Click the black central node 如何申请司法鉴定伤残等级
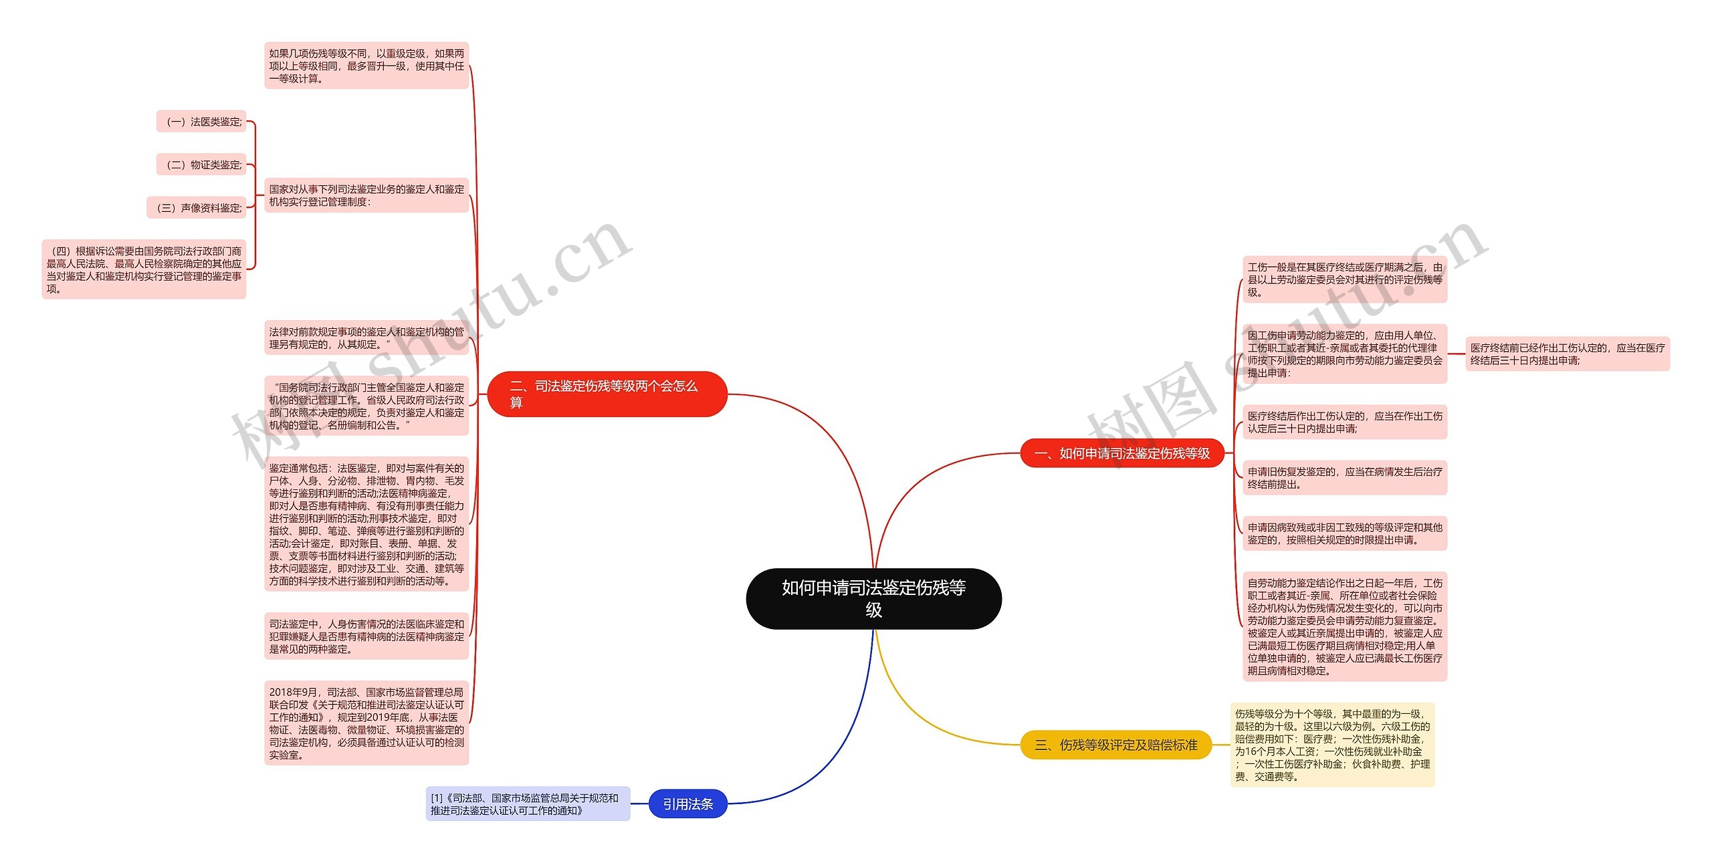coord(873,598)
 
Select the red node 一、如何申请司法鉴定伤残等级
coord(1121,453)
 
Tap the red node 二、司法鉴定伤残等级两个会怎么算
coord(607,394)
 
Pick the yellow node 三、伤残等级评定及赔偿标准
coord(1115,745)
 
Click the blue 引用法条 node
coord(687,804)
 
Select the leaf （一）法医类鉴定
coord(202,122)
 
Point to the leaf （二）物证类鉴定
coord(202,164)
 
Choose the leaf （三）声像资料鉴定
coord(197,208)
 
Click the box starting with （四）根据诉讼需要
coord(144,269)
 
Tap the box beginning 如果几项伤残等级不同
coord(366,66)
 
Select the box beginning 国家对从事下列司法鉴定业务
coord(366,195)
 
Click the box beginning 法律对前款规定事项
coord(366,338)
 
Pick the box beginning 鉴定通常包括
coord(366,524)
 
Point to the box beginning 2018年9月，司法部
coord(366,723)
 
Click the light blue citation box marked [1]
coord(528,804)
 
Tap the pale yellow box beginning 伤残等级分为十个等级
coord(1332,745)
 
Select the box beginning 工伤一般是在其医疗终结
coord(1345,279)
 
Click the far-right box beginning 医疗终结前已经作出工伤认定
coord(1568,354)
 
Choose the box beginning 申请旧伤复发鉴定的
coord(1345,478)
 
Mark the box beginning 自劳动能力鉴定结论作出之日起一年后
coord(1345,626)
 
